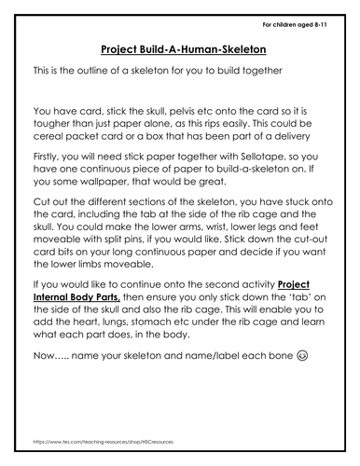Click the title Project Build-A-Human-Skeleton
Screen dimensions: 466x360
(180, 48)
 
